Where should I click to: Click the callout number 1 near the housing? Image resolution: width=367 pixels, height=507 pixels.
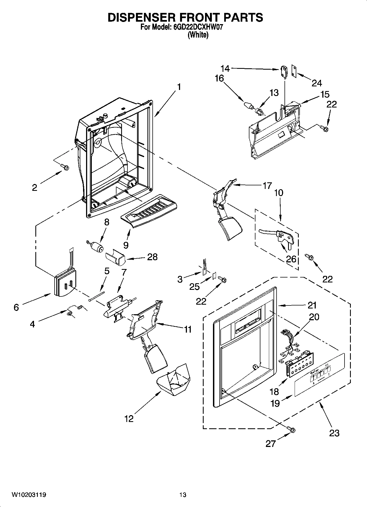179,87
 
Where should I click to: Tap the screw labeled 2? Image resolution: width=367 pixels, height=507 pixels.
65,166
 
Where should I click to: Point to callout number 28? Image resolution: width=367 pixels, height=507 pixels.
152,257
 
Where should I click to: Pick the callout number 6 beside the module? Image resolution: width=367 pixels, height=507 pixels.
16,307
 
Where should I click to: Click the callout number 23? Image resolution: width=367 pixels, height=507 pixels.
334,433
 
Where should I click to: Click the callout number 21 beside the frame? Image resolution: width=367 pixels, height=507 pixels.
312,305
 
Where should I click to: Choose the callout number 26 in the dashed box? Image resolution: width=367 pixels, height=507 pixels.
291,259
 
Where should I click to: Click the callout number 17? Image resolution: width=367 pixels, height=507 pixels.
267,186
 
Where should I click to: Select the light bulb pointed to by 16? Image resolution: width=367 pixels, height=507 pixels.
248,105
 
